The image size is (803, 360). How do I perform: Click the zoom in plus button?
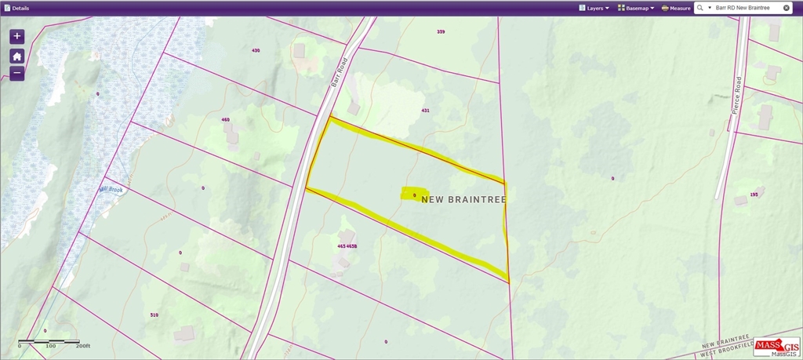point(17,37)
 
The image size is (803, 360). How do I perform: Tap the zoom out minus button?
point(17,74)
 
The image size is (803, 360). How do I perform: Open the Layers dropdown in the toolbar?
point(594,8)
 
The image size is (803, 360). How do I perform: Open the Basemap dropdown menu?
point(636,8)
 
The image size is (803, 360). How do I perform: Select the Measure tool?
point(676,8)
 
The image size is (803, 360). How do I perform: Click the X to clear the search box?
point(787,8)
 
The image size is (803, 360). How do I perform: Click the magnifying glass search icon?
point(699,8)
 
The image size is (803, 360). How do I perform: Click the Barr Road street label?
point(338,75)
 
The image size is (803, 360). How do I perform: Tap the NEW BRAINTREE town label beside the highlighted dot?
point(463,200)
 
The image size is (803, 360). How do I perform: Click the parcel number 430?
point(256,50)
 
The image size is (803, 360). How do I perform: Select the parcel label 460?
point(226,120)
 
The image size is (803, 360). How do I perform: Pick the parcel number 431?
point(425,111)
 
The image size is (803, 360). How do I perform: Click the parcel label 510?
point(154,315)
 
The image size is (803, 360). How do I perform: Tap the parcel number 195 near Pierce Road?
point(754,195)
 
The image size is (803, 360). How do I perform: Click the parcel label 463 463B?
point(347,246)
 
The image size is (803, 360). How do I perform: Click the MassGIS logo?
point(777,347)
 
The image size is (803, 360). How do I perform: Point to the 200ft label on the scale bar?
point(83,346)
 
